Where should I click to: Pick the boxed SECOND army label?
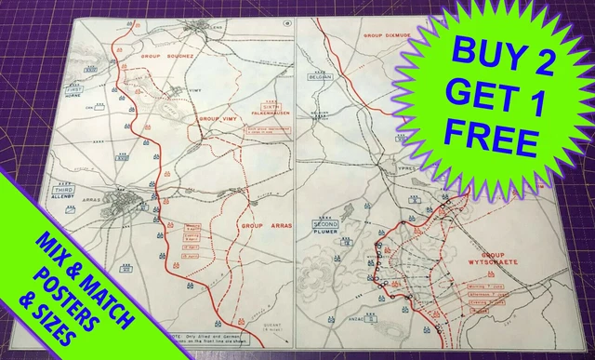[x=325, y=225]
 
